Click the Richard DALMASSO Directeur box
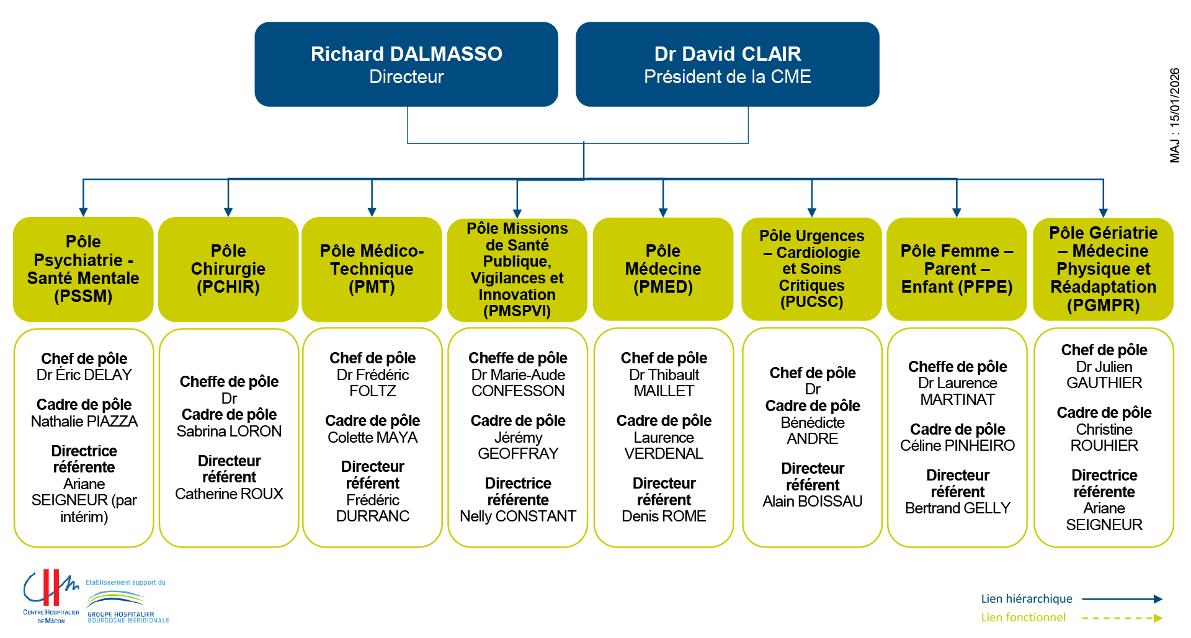[x=406, y=64]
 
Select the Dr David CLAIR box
[x=727, y=64]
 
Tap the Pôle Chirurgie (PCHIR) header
[x=228, y=269]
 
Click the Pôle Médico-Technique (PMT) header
[x=372, y=269]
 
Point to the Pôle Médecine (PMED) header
[x=663, y=269]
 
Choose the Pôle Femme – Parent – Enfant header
[x=957, y=269]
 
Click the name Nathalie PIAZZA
[x=84, y=422]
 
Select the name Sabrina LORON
[x=229, y=432]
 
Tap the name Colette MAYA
[x=372, y=438]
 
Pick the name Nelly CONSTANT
[x=518, y=516]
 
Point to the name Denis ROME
[x=664, y=516]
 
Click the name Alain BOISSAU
[x=813, y=502]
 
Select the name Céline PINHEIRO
[x=958, y=446]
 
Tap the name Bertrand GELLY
[x=958, y=508]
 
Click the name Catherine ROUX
[x=229, y=494]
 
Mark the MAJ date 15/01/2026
[x=1175, y=115]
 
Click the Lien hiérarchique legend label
[x=1027, y=599]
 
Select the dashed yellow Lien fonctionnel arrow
[x=1122, y=618]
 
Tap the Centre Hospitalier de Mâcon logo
[x=51, y=595]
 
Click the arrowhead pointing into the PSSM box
[x=83, y=212]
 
